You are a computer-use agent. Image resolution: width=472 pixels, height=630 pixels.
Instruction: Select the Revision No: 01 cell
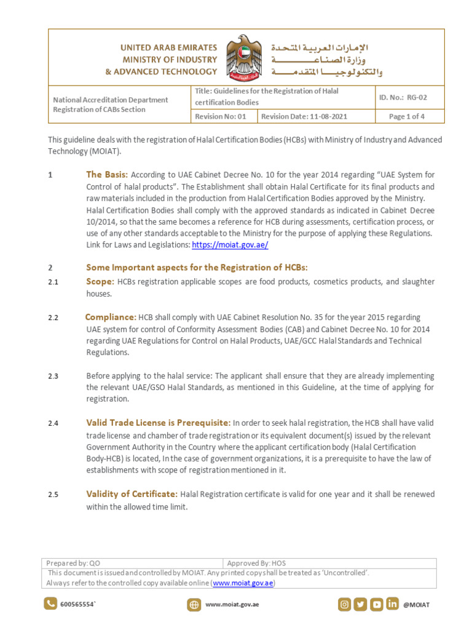point(221,116)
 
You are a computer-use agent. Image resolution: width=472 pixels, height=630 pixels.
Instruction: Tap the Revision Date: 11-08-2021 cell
point(304,116)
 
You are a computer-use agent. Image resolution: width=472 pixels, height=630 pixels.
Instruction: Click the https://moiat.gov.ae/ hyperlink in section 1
point(230,245)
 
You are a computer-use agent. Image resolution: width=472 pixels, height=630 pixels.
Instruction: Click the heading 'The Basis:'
point(107,175)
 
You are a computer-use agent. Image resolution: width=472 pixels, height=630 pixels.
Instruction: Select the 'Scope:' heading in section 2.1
point(100,281)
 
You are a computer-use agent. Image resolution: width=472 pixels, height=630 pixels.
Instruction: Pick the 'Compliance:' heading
point(111,317)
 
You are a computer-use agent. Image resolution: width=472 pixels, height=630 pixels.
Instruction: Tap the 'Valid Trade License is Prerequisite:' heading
point(159,423)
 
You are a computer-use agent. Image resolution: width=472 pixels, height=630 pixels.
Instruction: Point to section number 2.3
point(53,376)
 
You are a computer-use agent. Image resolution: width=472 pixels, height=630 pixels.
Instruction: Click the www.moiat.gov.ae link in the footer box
point(243,583)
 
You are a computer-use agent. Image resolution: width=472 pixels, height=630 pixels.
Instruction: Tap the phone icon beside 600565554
point(50,604)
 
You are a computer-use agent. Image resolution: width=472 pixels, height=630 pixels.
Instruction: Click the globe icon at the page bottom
point(194,605)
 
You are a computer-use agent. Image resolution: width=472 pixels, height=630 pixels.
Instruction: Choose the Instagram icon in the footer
point(345,604)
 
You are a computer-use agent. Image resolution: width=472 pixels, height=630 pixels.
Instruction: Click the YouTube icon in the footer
point(376,604)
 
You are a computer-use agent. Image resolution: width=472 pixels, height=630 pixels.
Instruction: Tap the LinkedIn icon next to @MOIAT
point(392,604)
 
